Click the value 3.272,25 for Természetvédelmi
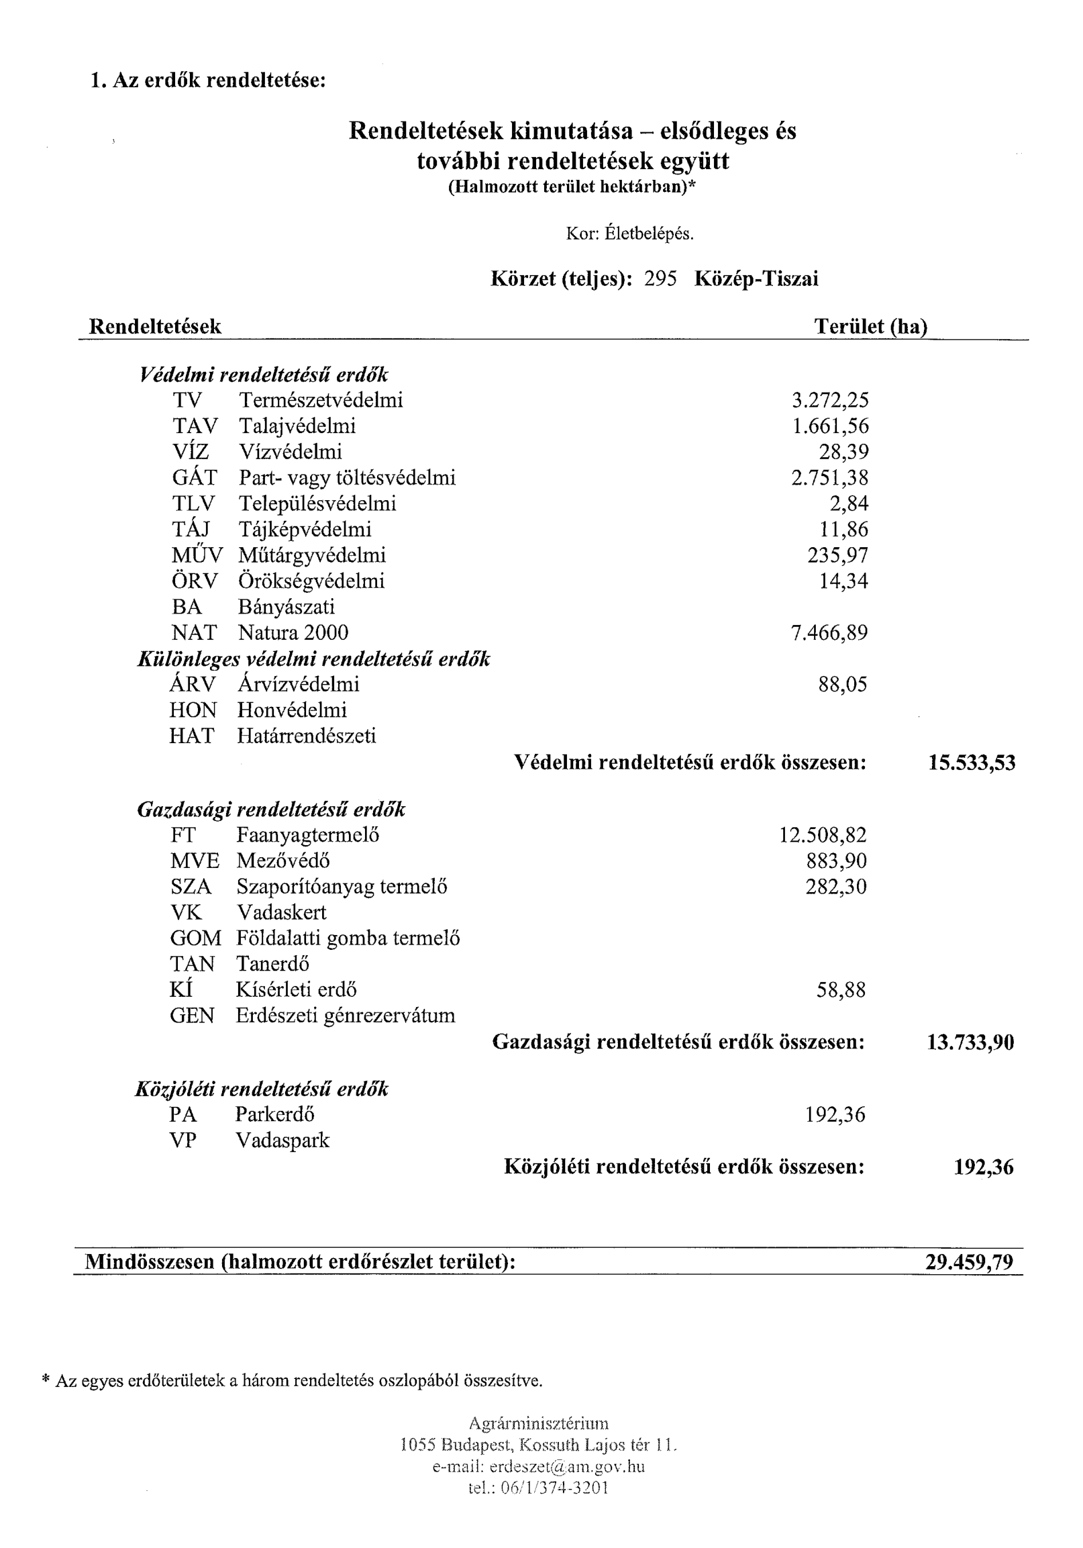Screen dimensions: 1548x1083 click(x=829, y=401)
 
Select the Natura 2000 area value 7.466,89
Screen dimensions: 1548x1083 click(x=829, y=633)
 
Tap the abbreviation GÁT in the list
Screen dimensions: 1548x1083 click(x=194, y=478)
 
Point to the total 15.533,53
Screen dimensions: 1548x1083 click(x=971, y=763)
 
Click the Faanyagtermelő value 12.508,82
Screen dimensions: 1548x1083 click(x=823, y=835)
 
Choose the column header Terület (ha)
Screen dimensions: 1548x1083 click(x=870, y=327)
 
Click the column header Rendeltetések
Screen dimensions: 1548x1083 click(x=155, y=327)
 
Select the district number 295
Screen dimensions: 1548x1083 click(x=660, y=279)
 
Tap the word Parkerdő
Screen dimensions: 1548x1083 click(x=274, y=1114)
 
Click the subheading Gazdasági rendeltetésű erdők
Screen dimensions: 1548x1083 click(x=271, y=810)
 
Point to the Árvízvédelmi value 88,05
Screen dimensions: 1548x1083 click(x=842, y=685)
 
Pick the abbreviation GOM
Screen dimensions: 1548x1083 click(x=195, y=938)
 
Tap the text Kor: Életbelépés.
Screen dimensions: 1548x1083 click(x=629, y=234)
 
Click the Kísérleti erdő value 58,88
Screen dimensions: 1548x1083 click(x=840, y=990)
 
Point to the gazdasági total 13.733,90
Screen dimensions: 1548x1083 click(x=970, y=1043)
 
